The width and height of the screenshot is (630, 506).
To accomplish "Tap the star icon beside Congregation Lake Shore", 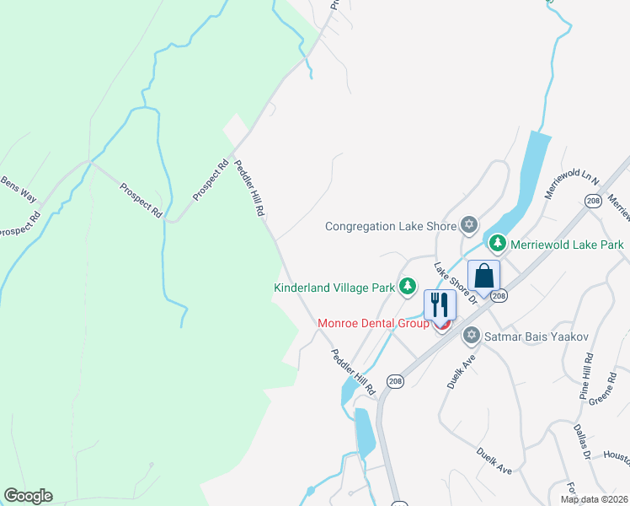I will point(469,225).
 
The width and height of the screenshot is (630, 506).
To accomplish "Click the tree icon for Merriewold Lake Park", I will point(498,244).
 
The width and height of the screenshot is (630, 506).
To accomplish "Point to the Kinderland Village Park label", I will point(334,288).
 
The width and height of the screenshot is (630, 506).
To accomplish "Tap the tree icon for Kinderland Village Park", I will point(408,287).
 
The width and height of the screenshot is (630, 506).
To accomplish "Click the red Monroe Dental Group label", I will point(373,323).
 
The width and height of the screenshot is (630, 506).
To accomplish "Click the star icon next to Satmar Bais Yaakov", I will point(472,336).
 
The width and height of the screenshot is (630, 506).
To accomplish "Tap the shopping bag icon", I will point(483,276).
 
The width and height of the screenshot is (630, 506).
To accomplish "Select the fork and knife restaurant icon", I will point(439,304).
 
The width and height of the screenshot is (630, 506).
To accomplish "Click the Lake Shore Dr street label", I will point(456,283).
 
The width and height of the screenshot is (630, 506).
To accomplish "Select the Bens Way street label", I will point(18,191).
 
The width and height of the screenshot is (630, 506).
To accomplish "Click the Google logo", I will point(28,496).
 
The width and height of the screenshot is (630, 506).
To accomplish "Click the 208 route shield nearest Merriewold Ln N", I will point(593,201).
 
